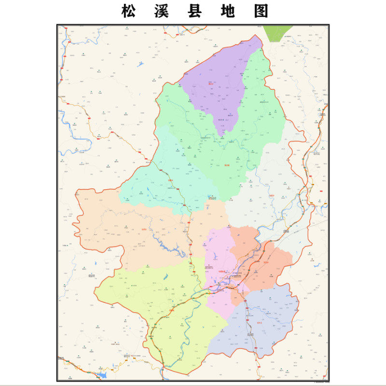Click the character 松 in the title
(x=128, y=11)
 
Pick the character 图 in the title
(x=261, y=11)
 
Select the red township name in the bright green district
(x=226, y=165)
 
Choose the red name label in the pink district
(x=221, y=272)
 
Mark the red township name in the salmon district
(x=266, y=263)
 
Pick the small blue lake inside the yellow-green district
(x=165, y=277)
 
